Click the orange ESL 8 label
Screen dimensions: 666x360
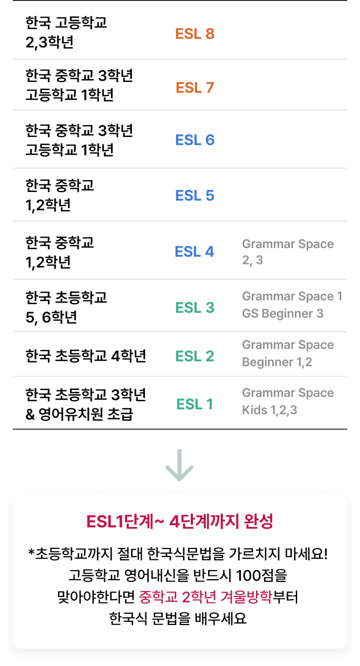tap(195, 34)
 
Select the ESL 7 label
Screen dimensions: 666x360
tap(195, 87)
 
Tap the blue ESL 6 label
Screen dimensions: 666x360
tap(195, 140)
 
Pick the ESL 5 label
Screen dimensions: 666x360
tap(195, 195)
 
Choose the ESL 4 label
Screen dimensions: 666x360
tap(195, 251)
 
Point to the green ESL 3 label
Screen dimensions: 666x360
tap(195, 307)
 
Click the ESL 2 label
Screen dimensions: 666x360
tap(195, 356)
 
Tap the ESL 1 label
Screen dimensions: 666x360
tap(195, 404)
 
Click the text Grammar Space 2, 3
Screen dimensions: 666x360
tap(288, 252)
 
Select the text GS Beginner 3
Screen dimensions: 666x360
tap(282, 313)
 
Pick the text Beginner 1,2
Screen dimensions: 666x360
tap(277, 362)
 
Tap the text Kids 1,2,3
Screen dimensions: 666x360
tap(269, 410)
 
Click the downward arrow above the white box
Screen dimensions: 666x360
tap(179, 465)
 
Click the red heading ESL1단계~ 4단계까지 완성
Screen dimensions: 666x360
tap(180, 521)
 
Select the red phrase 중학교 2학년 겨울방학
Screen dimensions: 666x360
tap(205, 598)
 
